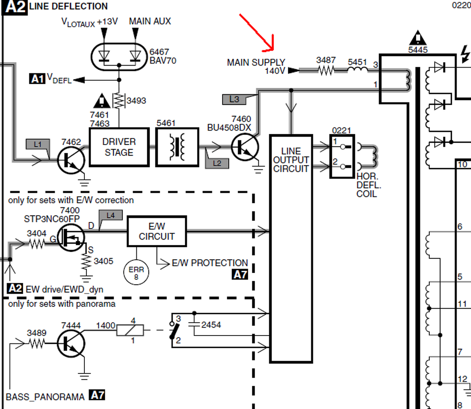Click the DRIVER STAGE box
click(x=119, y=147)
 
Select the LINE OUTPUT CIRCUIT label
click(x=291, y=160)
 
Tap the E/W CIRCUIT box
click(x=157, y=231)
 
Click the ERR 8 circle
click(x=136, y=272)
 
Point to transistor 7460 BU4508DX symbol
click(x=245, y=147)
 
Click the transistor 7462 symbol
click(x=71, y=160)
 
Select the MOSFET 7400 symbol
click(x=71, y=237)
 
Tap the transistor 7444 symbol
click(x=71, y=343)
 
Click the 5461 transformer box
click(x=177, y=147)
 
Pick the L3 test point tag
click(x=234, y=99)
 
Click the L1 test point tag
click(x=38, y=144)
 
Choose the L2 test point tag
click(x=217, y=163)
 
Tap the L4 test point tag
click(x=110, y=215)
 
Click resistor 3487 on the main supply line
click(x=326, y=71)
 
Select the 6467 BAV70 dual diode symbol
click(x=119, y=57)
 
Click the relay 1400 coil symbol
click(x=130, y=330)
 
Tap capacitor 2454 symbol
click(x=194, y=324)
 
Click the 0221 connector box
click(x=342, y=156)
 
